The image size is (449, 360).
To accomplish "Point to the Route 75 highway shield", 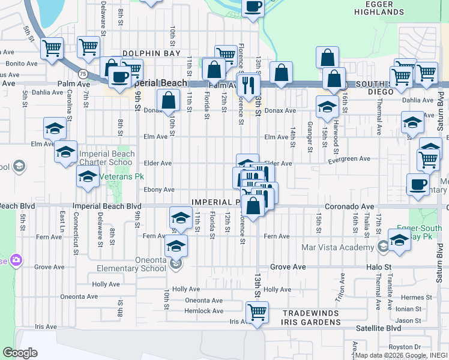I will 83,73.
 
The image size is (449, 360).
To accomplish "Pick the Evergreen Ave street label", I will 349,159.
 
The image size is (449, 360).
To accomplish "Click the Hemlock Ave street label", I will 204,311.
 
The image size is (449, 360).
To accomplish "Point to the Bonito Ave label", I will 22,63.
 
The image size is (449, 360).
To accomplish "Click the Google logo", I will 20,353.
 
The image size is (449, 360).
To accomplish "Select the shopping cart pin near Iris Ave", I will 257,312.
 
